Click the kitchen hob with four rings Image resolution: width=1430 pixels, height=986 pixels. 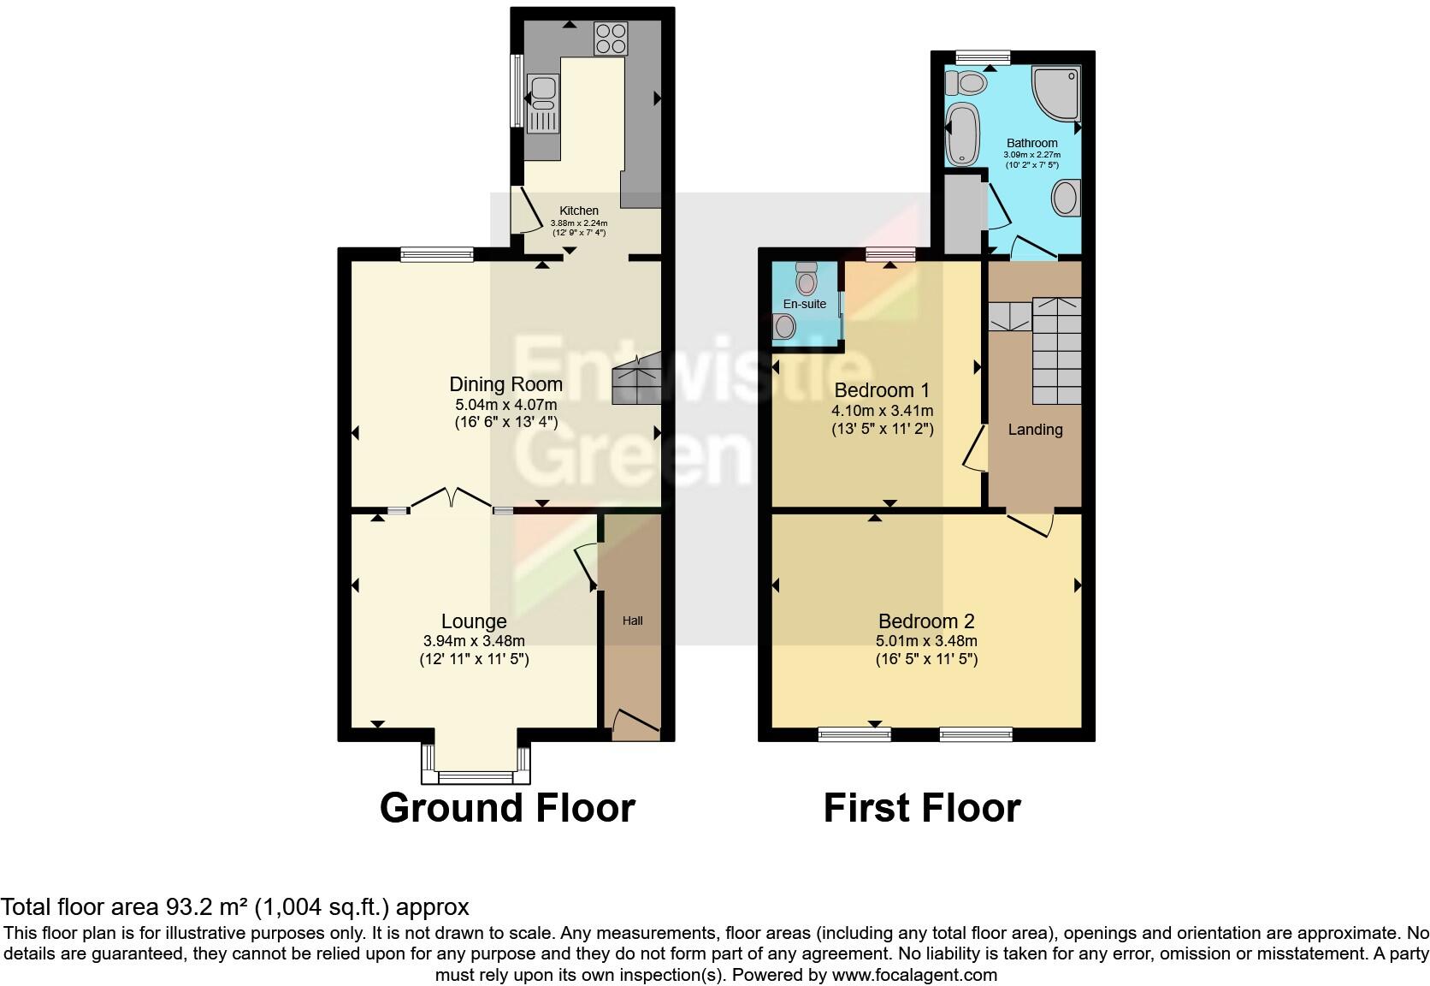[x=611, y=38]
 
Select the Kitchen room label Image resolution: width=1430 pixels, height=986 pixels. [x=579, y=211]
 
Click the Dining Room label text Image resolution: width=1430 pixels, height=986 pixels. [x=506, y=385]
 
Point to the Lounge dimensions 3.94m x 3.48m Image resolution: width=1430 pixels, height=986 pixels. [x=474, y=641]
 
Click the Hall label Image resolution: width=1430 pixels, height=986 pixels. [x=632, y=621]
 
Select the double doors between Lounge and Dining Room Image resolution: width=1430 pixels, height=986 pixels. [x=451, y=500]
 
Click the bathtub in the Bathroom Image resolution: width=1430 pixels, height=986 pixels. [x=964, y=133]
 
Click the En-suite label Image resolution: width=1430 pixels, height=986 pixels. [x=805, y=304]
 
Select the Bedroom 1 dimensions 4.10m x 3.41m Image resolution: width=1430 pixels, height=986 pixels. [x=882, y=411]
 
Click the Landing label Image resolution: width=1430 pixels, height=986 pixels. [x=1035, y=430]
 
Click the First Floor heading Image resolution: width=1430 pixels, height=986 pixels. [x=922, y=808]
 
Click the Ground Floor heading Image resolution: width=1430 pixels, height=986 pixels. [x=507, y=808]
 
